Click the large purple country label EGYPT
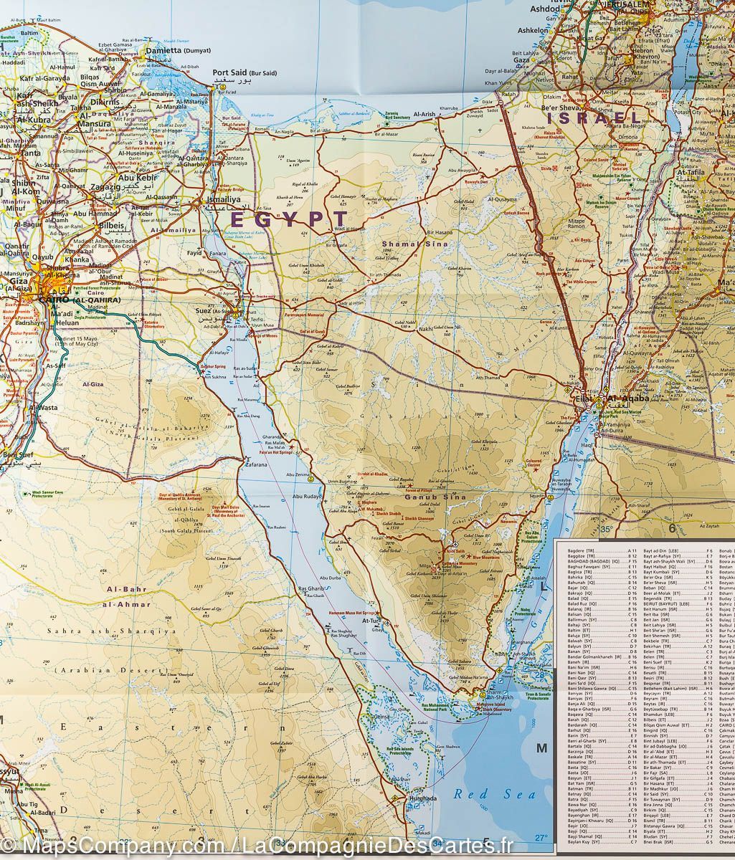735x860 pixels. [x=289, y=219]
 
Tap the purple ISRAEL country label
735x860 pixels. [x=594, y=118]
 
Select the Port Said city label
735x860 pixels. [x=244, y=73]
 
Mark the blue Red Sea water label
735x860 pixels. [x=484, y=794]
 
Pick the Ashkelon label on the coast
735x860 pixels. [x=533, y=31]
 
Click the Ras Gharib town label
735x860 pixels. [x=312, y=589]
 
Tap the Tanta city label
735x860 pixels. [x=29, y=153]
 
